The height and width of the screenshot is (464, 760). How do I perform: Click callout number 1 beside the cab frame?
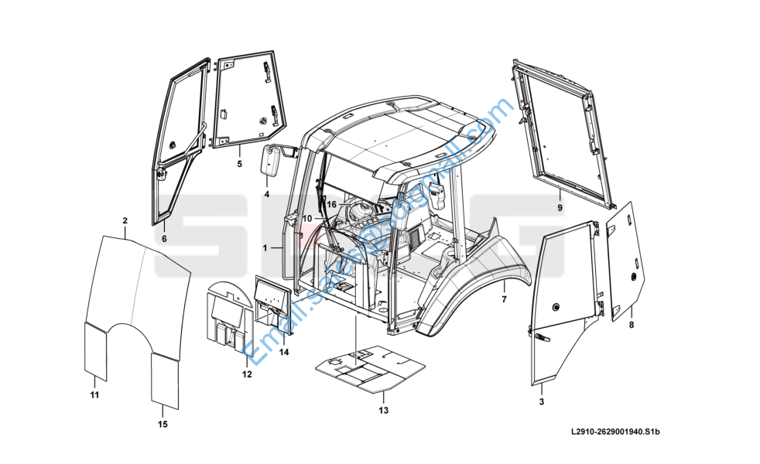[265, 248]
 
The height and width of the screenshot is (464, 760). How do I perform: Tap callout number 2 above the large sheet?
[125, 221]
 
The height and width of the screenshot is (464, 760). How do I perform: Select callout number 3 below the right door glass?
[541, 402]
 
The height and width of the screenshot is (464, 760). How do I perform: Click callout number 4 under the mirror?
[266, 194]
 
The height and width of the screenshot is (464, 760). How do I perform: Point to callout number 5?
[239, 164]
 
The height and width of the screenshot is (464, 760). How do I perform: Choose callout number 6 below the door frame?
[163, 239]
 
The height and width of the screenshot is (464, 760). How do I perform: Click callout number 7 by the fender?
[503, 299]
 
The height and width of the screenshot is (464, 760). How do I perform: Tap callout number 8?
[631, 325]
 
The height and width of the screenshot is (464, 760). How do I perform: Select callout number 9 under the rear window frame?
[560, 208]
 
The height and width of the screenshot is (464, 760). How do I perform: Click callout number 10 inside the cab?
[307, 219]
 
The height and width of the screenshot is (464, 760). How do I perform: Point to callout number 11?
[94, 395]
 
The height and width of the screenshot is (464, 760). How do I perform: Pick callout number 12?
[247, 375]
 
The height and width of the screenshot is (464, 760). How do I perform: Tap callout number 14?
[284, 353]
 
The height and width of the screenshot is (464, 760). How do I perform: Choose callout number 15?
[163, 424]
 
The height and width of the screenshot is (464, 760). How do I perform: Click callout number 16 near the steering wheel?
[330, 204]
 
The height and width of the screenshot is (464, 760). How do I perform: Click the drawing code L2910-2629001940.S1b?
[615, 434]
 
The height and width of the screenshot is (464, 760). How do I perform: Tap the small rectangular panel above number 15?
[164, 380]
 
